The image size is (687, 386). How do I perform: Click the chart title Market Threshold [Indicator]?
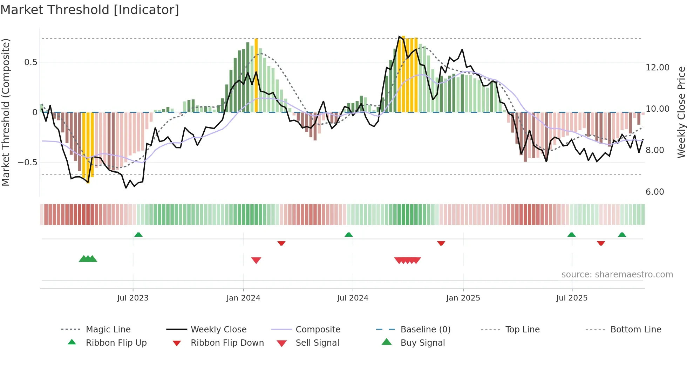[90, 10]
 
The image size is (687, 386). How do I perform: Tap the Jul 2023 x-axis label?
[133, 298]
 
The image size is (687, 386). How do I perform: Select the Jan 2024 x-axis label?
[243, 298]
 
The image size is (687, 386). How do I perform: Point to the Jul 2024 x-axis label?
[353, 298]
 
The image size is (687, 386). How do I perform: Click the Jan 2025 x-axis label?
[463, 298]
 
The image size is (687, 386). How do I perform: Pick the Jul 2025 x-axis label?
[572, 298]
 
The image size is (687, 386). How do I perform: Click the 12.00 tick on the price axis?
[657, 68]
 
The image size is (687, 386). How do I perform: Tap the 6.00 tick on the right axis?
[654, 192]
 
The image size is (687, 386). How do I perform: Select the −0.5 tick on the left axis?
[27, 163]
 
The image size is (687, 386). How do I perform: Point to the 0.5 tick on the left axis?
[30, 62]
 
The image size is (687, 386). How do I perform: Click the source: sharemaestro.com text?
[617, 275]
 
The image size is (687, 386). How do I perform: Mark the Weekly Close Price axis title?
[681, 112]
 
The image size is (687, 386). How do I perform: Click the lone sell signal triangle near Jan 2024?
[256, 260]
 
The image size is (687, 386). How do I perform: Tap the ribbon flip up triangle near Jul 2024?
[348, 235]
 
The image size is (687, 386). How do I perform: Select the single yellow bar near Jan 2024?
[256, 75]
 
